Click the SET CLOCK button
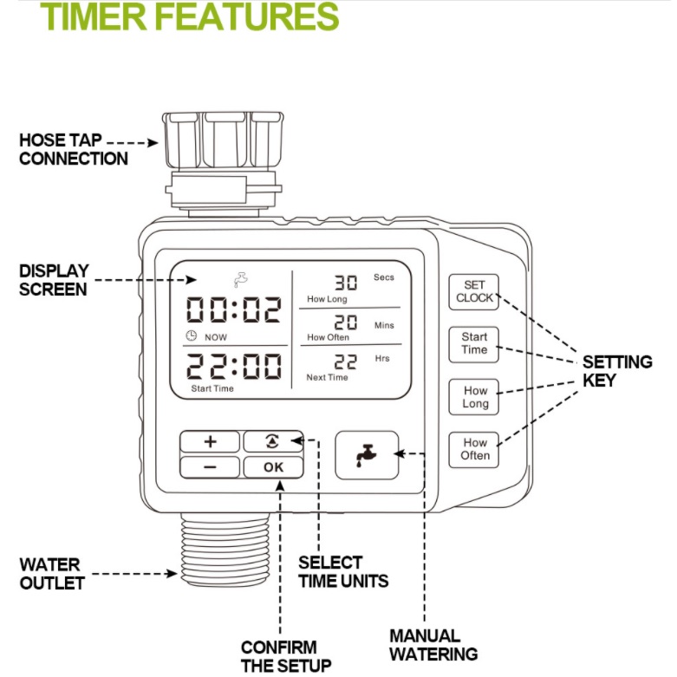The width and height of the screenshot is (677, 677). pos(474,291)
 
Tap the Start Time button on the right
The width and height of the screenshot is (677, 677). pos(474,343)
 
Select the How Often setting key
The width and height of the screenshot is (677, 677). pos(474,448)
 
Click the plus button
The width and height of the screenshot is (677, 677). pos(210,441)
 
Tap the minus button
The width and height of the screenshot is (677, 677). pos(210,467)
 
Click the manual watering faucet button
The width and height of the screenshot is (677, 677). pos(367,454)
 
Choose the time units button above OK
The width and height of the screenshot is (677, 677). pos(273,441)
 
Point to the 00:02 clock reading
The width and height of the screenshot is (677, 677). pos(234,310)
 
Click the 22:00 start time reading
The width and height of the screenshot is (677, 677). pos(234,366)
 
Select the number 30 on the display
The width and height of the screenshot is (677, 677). pos(346,283)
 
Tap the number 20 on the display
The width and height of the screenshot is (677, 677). pos(346,322)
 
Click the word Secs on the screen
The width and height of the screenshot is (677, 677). pos(383,277)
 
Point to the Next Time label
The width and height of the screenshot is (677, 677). pos(327,377)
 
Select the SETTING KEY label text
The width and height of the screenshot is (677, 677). pos(616,370)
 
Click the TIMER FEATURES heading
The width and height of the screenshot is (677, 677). pos(190,16)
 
